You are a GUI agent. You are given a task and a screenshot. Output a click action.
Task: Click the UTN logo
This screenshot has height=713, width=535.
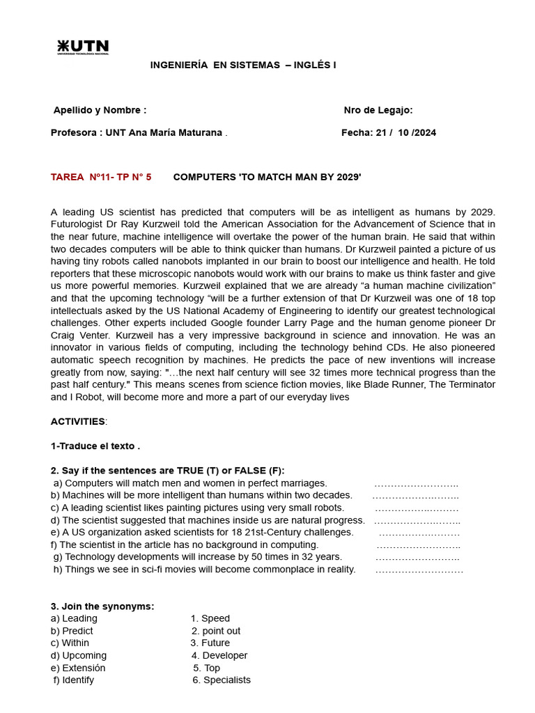point(83,47)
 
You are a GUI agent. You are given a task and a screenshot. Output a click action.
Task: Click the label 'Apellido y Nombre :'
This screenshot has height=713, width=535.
point(100,110)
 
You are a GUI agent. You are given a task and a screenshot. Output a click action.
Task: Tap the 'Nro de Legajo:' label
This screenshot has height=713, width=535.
point(378,110)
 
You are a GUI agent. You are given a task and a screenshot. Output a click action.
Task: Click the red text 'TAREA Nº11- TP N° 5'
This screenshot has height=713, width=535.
point(101,177)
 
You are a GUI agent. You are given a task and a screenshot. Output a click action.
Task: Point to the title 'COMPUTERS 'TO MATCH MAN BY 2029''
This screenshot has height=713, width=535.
point(267,177)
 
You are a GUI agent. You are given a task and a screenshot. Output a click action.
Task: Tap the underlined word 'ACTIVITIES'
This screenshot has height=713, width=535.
point(78,421)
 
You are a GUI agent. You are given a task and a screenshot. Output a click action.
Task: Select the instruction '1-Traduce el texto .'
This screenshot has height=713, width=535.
point(95,446)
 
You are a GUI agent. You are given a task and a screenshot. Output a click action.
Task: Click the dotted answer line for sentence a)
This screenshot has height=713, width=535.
point(416,483)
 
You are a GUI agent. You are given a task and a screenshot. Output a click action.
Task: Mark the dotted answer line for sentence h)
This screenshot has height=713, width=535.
point(419,570)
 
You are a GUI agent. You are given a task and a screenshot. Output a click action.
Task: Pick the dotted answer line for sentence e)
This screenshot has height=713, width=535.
point(419,533)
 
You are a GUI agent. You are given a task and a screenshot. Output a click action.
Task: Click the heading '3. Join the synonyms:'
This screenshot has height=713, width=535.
point(102,606)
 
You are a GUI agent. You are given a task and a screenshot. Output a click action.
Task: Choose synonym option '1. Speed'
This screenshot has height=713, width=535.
point(210,618)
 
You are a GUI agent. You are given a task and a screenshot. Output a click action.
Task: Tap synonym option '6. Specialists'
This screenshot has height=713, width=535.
point(222,680)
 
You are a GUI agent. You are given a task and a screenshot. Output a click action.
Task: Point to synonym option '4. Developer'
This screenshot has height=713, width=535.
point(219,655)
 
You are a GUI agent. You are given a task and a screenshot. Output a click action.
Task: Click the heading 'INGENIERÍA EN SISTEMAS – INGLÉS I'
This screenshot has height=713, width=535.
point(243,65)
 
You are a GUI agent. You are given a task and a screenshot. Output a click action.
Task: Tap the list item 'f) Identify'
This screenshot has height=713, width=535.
point(74,680)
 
